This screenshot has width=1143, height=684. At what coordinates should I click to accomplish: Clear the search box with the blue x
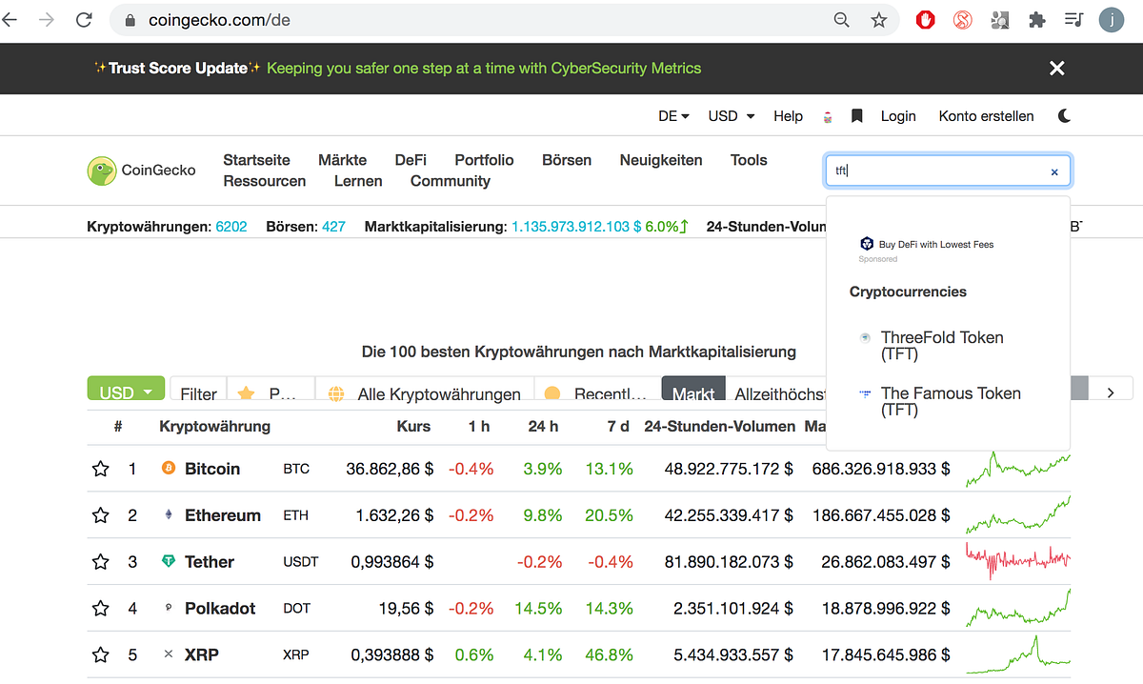coord(1054,172)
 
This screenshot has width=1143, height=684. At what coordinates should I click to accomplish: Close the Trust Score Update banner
coord(1056,68)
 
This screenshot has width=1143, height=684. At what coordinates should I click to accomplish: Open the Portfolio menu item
coord(484,160)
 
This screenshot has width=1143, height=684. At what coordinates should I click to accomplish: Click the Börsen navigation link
coord(567,160)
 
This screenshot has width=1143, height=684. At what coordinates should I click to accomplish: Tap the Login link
coord(898,116)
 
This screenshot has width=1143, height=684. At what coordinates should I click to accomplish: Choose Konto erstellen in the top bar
coord(986,116)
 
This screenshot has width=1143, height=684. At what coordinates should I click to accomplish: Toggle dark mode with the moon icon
coord(1064,116)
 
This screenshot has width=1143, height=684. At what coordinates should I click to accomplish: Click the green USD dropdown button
coord(126,389)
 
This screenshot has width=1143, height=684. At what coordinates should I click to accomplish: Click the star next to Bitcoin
coord(101,469)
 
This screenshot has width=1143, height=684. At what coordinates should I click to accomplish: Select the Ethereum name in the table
coord(223,515)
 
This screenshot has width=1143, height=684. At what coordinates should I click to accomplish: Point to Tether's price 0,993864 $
coord(391,562)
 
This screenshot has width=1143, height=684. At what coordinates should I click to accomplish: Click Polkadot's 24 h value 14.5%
coord(538,609)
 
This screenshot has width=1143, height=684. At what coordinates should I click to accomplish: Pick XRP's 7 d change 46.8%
coord(609,654)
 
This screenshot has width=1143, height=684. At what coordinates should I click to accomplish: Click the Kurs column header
coord(413,426)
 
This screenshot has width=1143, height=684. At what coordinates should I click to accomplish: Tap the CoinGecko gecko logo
coord(102,171)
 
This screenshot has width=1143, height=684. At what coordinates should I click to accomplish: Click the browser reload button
coord(84,20)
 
